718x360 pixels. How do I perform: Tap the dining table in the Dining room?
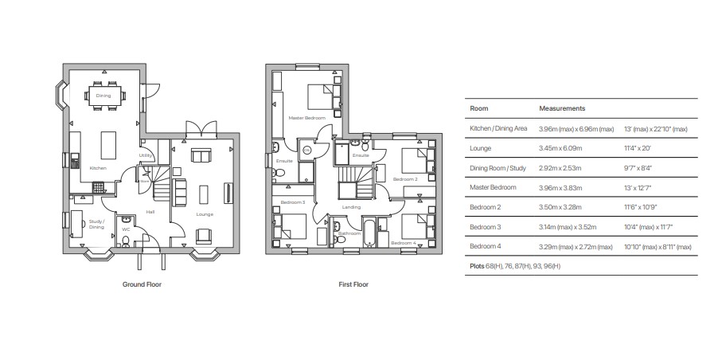103,96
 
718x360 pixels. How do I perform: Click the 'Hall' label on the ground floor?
150,212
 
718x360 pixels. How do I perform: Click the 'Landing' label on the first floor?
351,208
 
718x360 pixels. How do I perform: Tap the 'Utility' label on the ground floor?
146,155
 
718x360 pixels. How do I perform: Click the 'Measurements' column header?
562,108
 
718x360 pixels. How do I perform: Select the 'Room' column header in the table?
479,108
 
